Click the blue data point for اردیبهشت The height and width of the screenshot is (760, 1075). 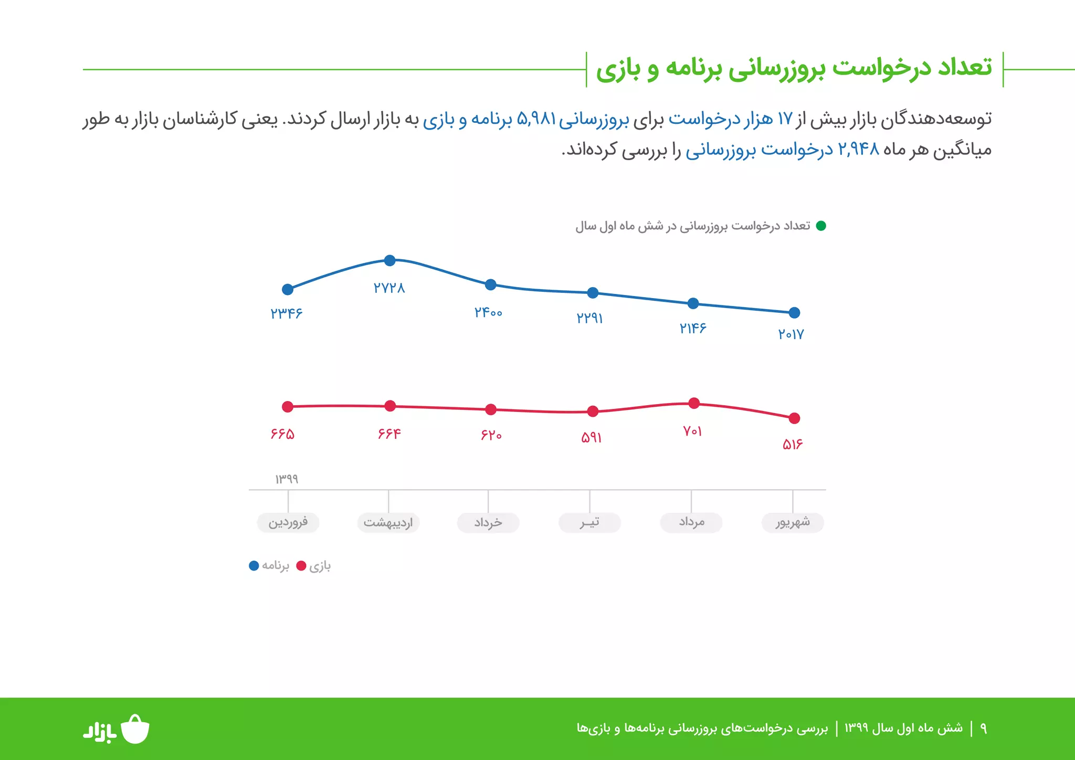(x=389, y=260)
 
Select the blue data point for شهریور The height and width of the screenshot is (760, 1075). (x=794, y=313)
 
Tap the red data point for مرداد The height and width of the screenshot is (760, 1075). (x=694, y=403)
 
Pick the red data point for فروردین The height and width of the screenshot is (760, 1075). (x=288, y=407)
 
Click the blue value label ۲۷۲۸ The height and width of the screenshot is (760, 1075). (x=389, y=288)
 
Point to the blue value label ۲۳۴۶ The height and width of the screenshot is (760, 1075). (x=287, y=313)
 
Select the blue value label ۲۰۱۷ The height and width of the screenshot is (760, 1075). (x=791, y=334)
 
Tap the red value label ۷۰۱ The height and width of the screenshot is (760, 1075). (x=692, y=431)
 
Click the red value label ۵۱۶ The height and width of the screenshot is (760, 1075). (x=793, y=445)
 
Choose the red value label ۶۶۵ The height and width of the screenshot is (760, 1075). (x=282, y=434)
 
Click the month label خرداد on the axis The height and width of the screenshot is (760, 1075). (x=488, y=523)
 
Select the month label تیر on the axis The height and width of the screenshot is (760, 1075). (x=589, y=523)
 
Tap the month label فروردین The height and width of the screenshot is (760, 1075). (x=288, y=523)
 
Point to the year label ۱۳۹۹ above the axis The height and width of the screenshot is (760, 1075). (x=287, y=479)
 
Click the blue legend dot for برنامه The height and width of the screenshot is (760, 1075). (x=254, y=566)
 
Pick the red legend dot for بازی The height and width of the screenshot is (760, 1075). (x=301, y=566)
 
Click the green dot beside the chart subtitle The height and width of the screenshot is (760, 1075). (x=821, y=226)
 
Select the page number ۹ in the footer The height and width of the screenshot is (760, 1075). (x=983, y=729)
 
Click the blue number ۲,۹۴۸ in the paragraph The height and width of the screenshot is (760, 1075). (x=858, y=150)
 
